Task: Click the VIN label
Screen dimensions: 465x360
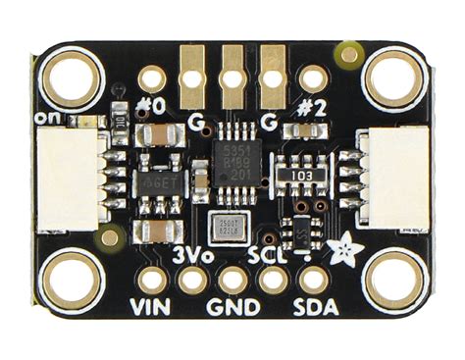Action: [150, 306]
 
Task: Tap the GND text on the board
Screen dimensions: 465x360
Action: [233, 307]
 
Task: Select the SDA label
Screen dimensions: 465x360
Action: [316, 307]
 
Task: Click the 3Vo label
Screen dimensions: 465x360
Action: [192, 255]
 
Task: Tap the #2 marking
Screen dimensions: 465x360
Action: [310, 106]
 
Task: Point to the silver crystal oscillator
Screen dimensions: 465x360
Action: [232, 226]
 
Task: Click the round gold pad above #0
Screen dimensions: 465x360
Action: [152, 77]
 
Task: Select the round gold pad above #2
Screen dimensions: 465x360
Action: [311, 77]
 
